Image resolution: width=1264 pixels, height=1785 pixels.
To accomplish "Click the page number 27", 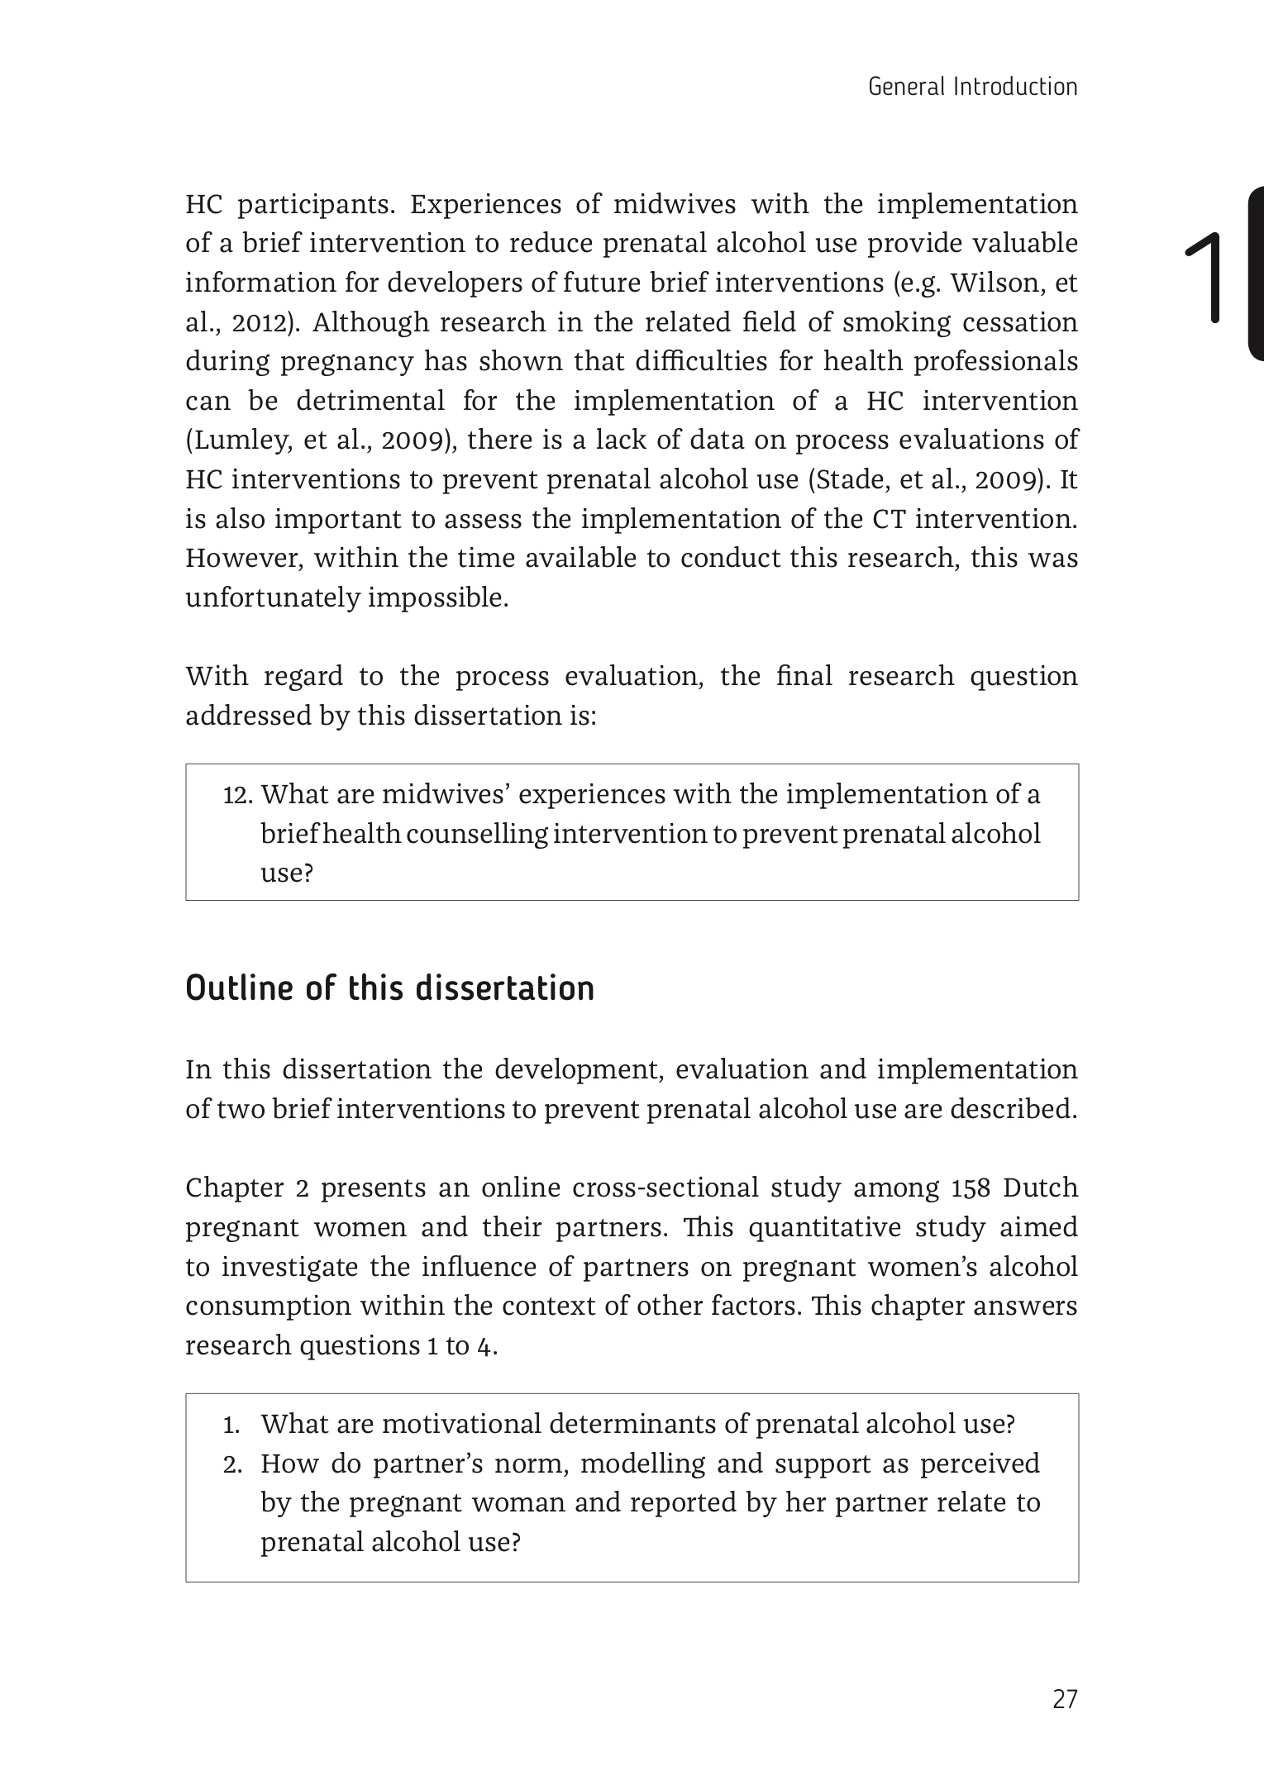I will (x=1065, y=1699).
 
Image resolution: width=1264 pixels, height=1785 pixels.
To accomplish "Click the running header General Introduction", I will (x=972, y=87).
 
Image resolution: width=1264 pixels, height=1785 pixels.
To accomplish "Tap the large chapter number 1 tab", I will (x=1211, y=276).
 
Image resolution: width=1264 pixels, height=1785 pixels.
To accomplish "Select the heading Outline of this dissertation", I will (x=389, y=988).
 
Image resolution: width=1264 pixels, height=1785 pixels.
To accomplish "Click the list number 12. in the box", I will (x=237, y=795).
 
